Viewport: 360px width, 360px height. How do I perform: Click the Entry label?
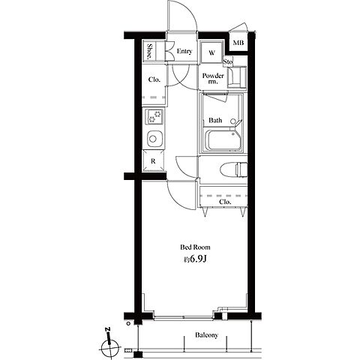(184, 51)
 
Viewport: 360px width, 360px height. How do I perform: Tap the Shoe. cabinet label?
(149, 51)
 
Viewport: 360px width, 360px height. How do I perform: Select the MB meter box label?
(238, 43)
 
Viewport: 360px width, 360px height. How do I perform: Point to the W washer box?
(211, 52)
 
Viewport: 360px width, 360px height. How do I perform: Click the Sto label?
(228, 61)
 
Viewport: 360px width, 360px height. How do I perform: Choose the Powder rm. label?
(213, 78)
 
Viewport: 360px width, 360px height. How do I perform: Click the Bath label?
(215, 120)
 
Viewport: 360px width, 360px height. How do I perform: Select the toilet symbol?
(233, 169)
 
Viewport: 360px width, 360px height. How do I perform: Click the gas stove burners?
(154, 117)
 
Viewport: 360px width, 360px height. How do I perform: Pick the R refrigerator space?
(153, 161)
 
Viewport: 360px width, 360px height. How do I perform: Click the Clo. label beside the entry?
(154, 79)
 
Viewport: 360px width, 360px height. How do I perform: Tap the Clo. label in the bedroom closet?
(225, 202)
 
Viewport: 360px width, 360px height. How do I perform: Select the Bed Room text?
(195, 247)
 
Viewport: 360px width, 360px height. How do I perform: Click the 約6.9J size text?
(195, 259)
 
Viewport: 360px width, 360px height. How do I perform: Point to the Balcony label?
(206, 335)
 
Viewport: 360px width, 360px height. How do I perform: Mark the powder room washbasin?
(237, 77)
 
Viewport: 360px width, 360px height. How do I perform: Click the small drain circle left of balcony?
(128, 323)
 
